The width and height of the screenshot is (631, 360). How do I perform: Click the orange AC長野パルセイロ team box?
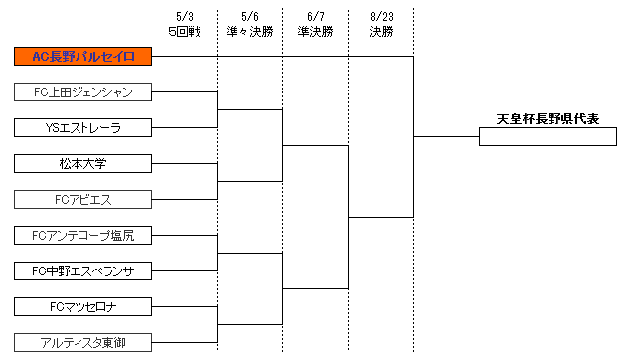(83, 57)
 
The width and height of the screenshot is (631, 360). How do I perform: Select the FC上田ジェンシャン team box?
(83, 92)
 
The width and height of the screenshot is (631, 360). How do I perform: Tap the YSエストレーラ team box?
(83, 127)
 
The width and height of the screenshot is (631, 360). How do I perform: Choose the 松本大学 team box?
(83, 163)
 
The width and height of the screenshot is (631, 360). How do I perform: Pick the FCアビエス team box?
(83, 199)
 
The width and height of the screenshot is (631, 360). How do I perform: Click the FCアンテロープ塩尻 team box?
(83, 236)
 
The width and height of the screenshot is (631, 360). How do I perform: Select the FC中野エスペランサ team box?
(83, 270)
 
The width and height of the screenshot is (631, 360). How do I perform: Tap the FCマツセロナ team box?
(83, 306)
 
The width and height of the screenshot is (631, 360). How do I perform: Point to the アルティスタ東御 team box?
(83, 342)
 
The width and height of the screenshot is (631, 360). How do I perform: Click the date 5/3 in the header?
(184, 17)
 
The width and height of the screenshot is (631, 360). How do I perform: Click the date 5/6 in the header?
(249, 17)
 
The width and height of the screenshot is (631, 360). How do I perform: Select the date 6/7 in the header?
(315, 17)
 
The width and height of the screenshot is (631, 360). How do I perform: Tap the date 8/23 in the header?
(381, 17)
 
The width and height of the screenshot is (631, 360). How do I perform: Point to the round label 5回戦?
(184, 32)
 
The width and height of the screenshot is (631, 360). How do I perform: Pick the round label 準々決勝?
(249, 32)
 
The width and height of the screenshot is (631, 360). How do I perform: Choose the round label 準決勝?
(315, 32)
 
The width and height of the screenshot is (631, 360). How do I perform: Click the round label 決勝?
(381, 32)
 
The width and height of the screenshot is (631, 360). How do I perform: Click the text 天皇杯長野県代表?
(549, 119)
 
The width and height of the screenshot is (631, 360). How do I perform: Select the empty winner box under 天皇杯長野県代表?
(549, 137)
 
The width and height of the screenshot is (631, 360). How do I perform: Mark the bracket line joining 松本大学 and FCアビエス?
(218, 181)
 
